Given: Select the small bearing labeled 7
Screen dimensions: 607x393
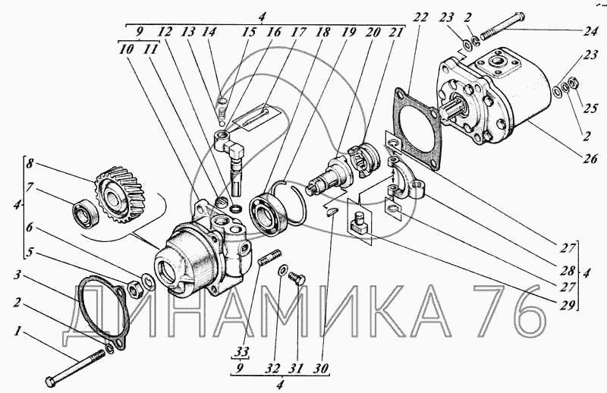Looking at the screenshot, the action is [x=86, y=212].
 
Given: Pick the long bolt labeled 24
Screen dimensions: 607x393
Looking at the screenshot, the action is [x=503, y=27].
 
